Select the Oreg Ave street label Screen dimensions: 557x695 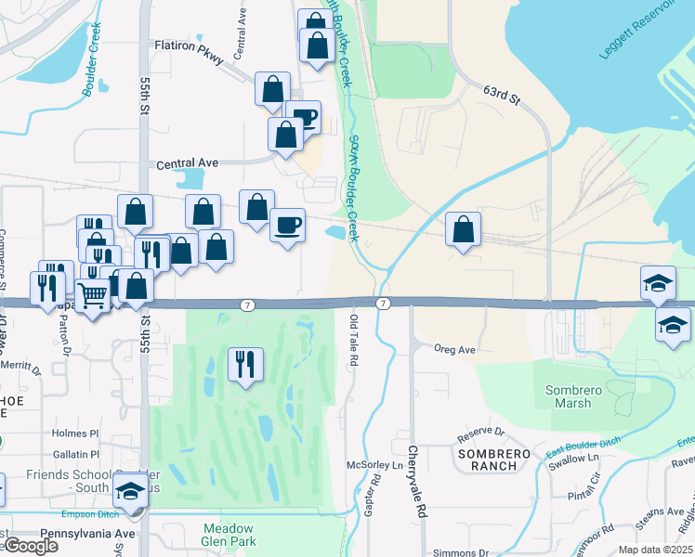[454, 350]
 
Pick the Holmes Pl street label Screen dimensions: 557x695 [75, 433]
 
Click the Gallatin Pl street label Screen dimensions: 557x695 [75, 455]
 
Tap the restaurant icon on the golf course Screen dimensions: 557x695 [244, 363]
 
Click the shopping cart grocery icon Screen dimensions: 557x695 [92, 296]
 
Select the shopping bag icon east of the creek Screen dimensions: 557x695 [463, 228]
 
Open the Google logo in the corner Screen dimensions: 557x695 [31, 546]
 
